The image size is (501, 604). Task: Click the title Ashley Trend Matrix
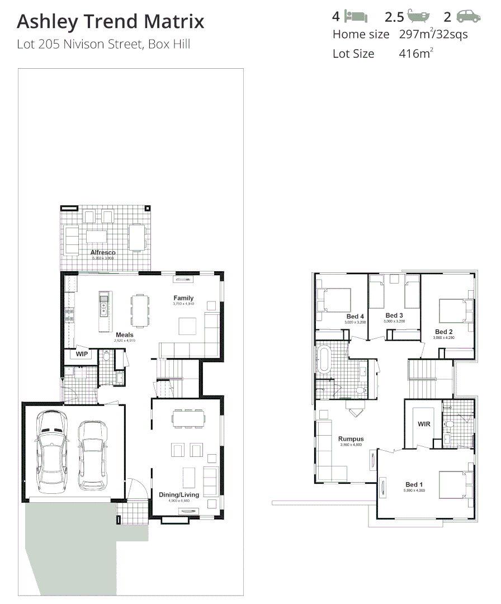point(110,22)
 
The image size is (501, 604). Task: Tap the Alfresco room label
point(103,253)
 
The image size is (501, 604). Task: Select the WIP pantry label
point(82,354)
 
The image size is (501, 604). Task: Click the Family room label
point(183,298)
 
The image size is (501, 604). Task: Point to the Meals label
point(124,335)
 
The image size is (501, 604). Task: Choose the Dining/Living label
point(179,494)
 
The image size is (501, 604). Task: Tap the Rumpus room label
point(351,439)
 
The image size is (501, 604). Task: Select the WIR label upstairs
point(424,424)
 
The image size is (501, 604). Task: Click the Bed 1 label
point(414,484)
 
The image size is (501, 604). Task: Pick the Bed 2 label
point(444,332)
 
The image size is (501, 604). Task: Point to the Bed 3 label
point(394,315)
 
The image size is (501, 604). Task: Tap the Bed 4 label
point(355,317)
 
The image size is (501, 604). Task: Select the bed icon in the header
point(356,16)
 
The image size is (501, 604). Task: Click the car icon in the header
point(468,16)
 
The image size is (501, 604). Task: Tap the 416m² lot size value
point(416,54)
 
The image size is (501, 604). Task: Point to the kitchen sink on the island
point(103,305)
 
